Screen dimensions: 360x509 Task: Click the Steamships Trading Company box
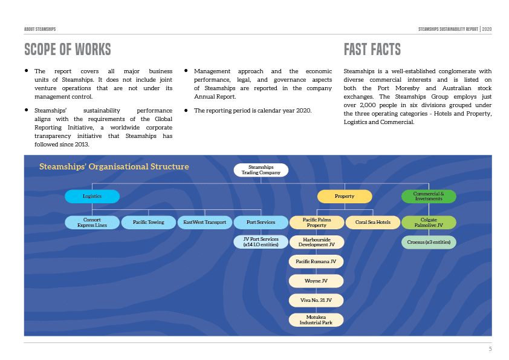[261, 170]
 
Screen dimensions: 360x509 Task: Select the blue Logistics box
[92, 197]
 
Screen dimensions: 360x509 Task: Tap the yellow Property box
[345, 197]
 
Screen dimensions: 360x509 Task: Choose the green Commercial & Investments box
[429, 197]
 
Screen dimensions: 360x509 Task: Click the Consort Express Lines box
[92, 223]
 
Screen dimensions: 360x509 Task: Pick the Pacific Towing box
[149, 223]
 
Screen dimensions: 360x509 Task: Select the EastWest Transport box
[205, 223]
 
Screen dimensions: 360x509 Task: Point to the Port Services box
[261, 223]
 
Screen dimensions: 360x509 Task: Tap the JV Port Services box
[261, 242]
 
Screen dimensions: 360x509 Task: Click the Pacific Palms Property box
[317, 223]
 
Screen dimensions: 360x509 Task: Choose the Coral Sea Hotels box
[373, 223]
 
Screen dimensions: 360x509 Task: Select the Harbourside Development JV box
[317, 242]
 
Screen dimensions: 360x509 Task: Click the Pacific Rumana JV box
[317, 261]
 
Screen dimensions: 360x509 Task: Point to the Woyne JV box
[317, 281]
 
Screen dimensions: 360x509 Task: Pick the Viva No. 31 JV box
[317, 300]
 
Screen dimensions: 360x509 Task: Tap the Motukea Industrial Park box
[317, 319]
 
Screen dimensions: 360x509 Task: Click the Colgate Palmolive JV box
[429, 223]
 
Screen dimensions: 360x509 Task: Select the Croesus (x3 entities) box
[429, 242]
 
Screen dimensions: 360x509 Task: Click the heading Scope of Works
[68, 49]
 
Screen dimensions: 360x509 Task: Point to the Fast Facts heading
[372, 49]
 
